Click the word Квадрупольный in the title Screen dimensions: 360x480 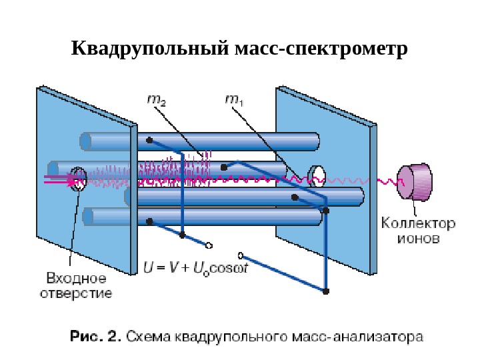tap(147, 50)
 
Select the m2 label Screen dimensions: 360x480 tap(156, 101)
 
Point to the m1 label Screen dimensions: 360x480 tap(233, 101)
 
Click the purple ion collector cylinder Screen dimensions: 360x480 tap(415, 182)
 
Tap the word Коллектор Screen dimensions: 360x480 tap(418, 224)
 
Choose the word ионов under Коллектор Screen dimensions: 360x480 tap(418, 238)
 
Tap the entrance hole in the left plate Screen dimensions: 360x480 tap(79, 178)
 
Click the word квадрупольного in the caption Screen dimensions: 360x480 tap(245, 337)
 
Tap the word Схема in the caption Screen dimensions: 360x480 tap(149, 337)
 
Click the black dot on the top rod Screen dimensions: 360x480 tap(150, 141)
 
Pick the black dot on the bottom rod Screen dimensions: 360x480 tap(150, 221)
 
